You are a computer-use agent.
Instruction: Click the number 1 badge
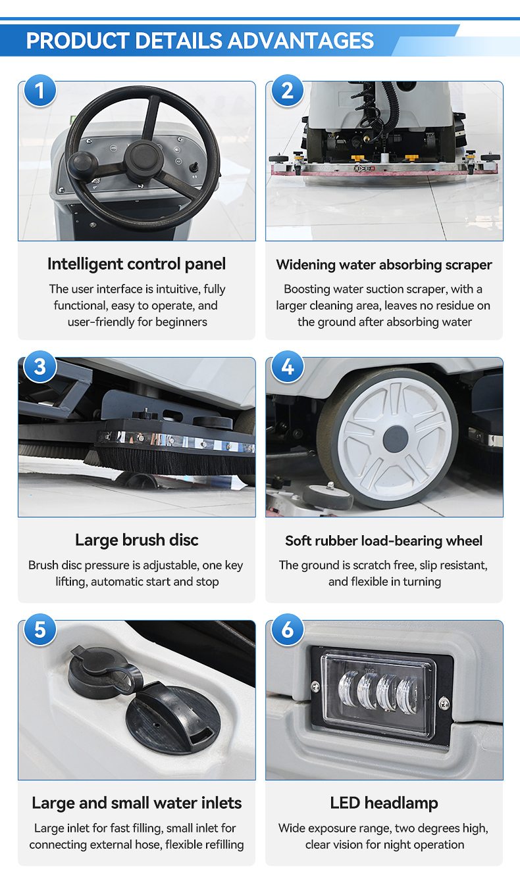click(39, 91)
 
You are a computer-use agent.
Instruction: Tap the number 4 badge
click(288, 367)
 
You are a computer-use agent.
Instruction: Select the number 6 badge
click(288, 630)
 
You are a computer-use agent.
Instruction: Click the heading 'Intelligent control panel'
click(137, 264)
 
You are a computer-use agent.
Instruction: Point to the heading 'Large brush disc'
click(137, 540)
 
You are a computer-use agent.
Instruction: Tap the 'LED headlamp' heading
click(384, 803)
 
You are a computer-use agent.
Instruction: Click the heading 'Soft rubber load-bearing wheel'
click(384, 541)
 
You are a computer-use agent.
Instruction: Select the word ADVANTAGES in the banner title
click(301, 41)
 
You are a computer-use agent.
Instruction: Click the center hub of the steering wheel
click(142, 161)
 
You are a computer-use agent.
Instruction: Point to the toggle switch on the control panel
click(194, 167)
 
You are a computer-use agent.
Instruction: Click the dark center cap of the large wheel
click(395, 439)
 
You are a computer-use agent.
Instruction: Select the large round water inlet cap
click(173, 721)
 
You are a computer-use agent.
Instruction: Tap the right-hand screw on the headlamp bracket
click(444, 703)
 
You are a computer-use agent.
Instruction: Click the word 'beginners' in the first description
click(181, 323)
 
